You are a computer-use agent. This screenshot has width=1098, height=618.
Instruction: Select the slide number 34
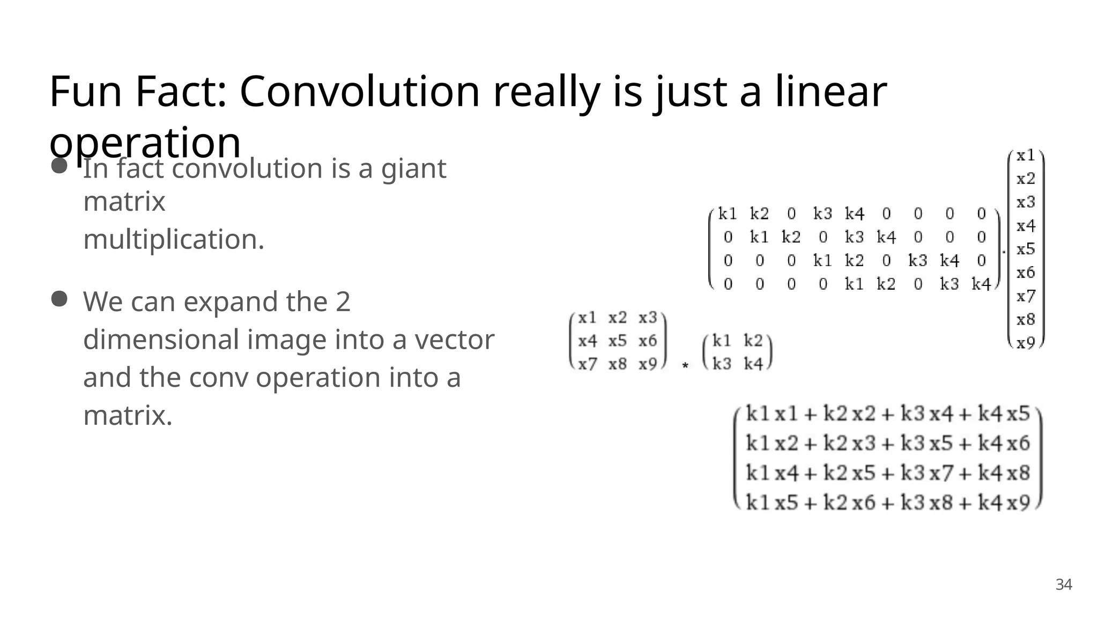coord(1064,585)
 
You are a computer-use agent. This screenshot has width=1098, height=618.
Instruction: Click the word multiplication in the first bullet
coord(174,239)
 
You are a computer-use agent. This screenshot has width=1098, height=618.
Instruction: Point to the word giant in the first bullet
coord(413,168)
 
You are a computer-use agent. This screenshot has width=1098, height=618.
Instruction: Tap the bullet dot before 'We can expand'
coord(59,299)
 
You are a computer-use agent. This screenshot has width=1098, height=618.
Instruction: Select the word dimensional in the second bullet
coord(161,340)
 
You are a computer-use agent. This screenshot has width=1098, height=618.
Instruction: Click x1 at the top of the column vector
coord(1026,156)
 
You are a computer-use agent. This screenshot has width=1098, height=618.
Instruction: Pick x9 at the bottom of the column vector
coord(1026,343)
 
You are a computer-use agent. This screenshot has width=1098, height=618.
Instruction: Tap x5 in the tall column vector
coord(1026,249)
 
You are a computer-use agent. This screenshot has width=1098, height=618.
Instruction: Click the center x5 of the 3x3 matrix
coord(617,341)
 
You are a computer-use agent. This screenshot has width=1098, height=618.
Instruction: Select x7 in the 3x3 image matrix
coord(587,364)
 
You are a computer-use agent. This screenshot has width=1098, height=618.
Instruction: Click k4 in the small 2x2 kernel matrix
coord(753,364)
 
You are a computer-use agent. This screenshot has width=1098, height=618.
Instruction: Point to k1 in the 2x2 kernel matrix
coord(722,341)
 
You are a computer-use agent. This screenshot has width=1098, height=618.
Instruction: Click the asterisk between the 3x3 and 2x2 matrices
coord(685,366)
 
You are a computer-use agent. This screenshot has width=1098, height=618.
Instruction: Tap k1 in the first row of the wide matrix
coord(728,214)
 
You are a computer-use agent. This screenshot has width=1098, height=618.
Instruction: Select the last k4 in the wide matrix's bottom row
coord(981,284)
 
